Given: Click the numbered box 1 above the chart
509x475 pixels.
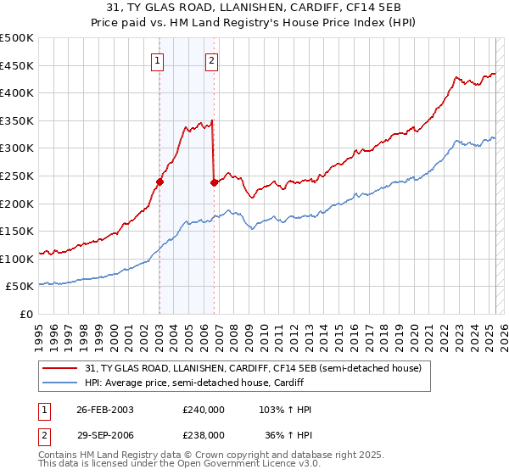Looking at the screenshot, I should (x=159, y=59).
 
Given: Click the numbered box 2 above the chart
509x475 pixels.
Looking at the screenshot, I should (x=211, y=59).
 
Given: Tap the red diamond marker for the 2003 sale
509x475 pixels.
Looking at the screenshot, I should (x=159, y=182).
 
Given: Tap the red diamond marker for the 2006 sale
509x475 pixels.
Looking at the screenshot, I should (x=214, y=182).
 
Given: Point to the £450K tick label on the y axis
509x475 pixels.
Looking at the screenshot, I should (x=17, y=65).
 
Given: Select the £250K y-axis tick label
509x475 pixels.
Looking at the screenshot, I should (x=17, y=176).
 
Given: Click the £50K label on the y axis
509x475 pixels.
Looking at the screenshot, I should (x=20, y=287).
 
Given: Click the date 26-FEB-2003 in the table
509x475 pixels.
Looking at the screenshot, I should (x=105, y=409).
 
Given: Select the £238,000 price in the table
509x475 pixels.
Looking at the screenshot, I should (x=204, y=434).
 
